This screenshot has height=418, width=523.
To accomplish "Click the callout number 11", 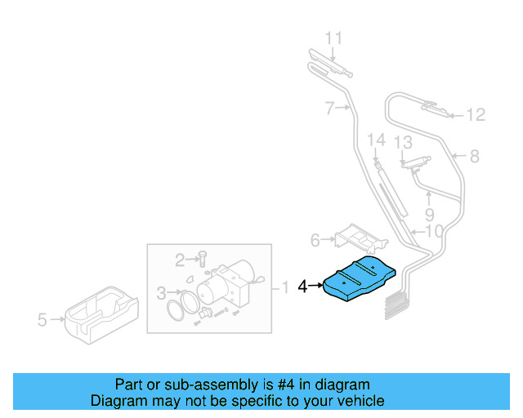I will click(x=333, y=38).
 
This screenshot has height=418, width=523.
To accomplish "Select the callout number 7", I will click(x=329, y=108).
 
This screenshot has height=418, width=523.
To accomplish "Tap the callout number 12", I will click(x=476, y=115).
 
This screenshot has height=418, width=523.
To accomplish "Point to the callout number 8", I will click(x=473, y=156).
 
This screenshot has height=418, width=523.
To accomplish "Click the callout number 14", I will click(x=375, y=140).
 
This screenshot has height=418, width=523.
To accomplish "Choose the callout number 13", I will click(x=403, y=143).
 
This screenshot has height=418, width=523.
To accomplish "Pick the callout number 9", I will click(x=429, y=216).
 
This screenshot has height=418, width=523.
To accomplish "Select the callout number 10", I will click(x=433, y=231).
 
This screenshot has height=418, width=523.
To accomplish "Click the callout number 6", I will click(x=315, y=240).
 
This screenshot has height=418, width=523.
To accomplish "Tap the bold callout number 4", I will click(x=303, y=287).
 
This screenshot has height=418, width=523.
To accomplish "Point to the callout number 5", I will click(x=42, y=320).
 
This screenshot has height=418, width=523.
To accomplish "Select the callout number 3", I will click(x=161, y=291).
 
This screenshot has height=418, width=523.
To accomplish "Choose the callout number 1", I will click(x=284, y=287).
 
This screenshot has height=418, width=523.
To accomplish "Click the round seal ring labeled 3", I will click(x=183, y=310).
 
